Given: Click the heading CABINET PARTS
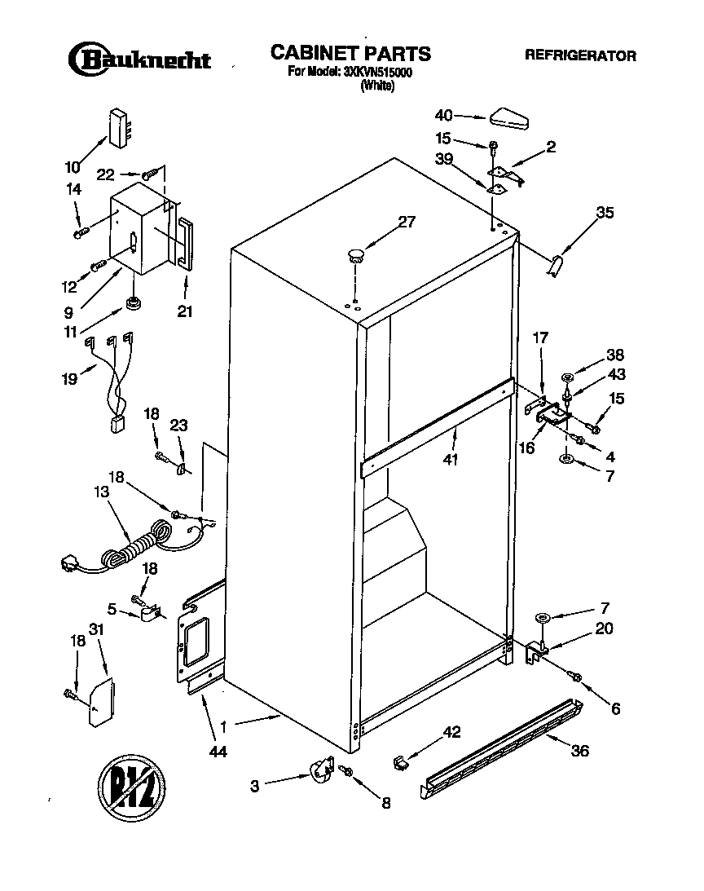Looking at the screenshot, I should coord(350,54).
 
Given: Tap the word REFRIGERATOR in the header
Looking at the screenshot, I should coord(580,56).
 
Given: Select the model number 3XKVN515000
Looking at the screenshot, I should coord(376,72).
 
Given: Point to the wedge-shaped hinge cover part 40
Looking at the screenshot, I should coord(509,118).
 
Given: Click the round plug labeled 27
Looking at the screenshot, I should coord(354,254).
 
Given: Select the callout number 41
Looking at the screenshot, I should coord(450,459).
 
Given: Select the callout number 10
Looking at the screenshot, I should coord(73,168).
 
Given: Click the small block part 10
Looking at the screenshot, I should coord(120,128).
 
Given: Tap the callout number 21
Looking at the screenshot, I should coord(185,310).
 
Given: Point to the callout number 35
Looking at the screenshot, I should coord(605,214).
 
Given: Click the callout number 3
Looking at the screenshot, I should coord(255,786).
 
